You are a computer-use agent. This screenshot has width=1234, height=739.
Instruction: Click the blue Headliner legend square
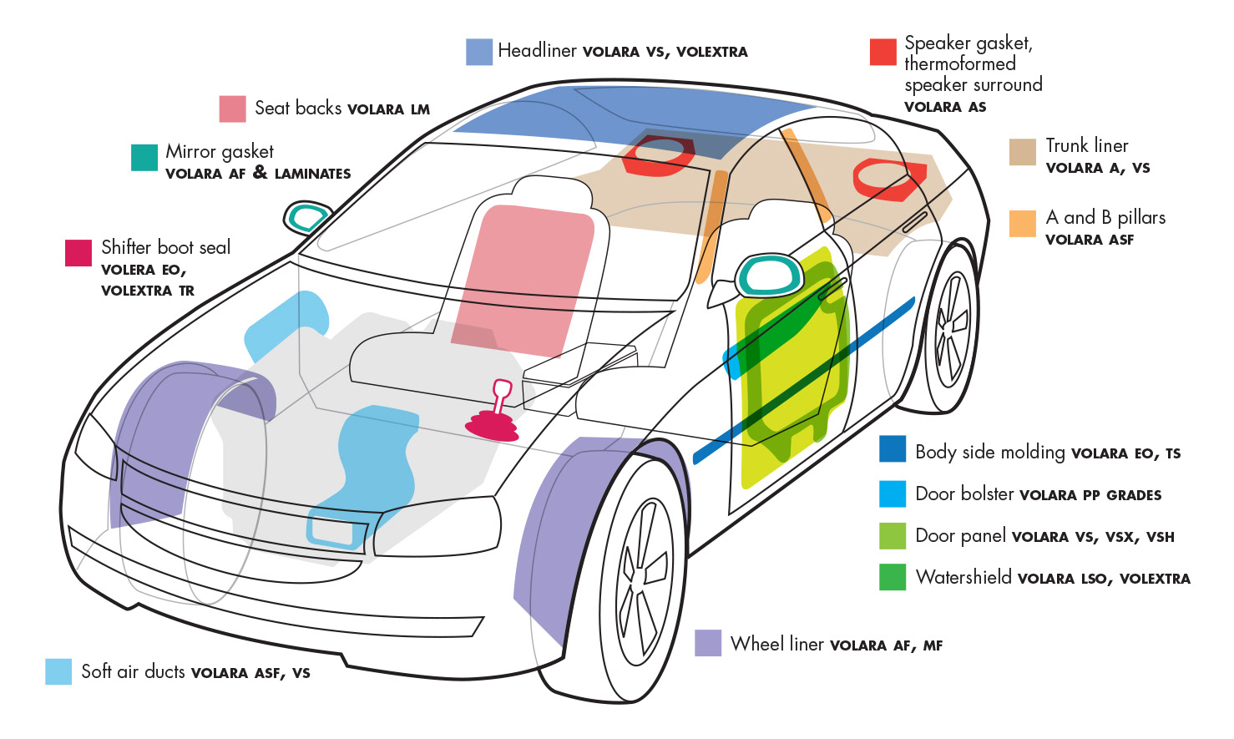click(x=478, y=52)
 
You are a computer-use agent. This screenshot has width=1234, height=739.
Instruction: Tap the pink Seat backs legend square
click(x=232, y=109)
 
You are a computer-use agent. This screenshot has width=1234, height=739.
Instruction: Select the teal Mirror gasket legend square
click(x=144, y=158)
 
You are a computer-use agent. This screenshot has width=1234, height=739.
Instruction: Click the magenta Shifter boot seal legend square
click(x=78, y=253)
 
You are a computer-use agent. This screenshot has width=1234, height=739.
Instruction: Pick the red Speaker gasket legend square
click(x=883, y=52)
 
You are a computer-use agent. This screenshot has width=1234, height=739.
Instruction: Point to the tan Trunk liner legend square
click(x=1022, y=152)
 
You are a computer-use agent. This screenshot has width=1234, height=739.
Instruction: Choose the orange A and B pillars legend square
click(x=1022, y=224)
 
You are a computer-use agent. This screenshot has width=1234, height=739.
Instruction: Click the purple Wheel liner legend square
click(x=708, y=643)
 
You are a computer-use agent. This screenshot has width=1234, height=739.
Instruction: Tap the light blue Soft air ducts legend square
click(x=58, y=671)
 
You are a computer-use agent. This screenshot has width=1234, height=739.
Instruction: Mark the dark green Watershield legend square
click(x=893, y=577)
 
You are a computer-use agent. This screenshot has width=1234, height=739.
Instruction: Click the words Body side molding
click(x=989, y=452)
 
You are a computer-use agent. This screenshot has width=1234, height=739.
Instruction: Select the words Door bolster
click(x=963, y=494)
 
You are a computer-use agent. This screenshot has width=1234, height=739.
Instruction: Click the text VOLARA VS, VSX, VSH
click(x=1092, y=537)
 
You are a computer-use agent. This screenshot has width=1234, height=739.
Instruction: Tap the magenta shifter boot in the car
click(x=493, y=423)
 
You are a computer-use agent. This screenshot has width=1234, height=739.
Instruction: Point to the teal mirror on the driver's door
click(x=767, y=276)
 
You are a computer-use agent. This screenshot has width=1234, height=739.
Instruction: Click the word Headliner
click(x=537, y=51)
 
